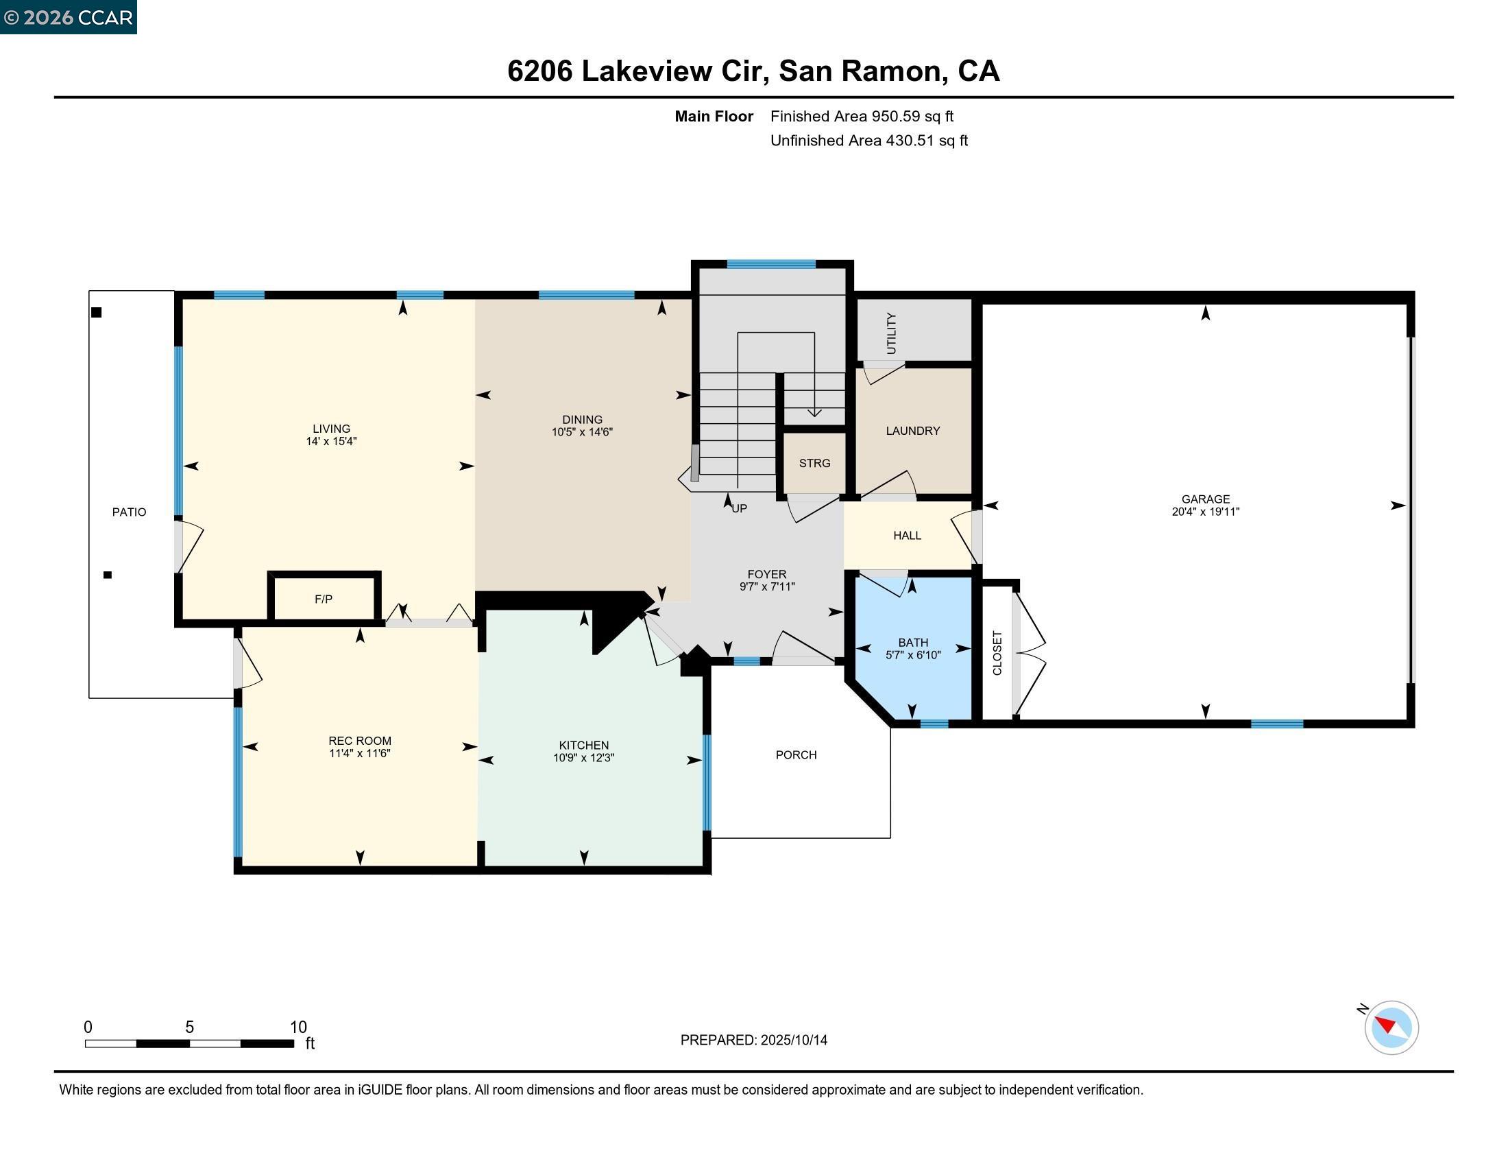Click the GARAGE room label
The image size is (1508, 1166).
(x=1205, y=499)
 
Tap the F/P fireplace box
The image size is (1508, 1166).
(x=323, y=599)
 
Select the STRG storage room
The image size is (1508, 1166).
(x=814, y=464)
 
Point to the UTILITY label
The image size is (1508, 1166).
(x=890, y=333)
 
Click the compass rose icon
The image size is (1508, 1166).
(x=1391, y=1027)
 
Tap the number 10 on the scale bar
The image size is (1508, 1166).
(x=297, y=1027)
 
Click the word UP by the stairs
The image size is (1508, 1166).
(x=739, y=508)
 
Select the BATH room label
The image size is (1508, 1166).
(x=913, y=643)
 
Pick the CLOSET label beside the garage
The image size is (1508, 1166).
(x=997, y=653)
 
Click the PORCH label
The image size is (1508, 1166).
(x=795, y=755)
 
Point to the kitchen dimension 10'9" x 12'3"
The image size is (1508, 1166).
(x=583, y=758)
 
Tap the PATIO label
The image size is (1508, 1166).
(x=129, y=512)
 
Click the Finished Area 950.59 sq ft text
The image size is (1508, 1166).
(x=861, y=116)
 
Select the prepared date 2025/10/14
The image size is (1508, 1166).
(x=793, y=1040)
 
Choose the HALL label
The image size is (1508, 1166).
(x=907, y=536)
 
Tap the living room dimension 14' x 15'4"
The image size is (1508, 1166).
(x=331, y=442)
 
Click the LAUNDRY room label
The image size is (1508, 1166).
(x=912, y=431)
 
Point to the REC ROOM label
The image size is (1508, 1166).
(x=359, y=741)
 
